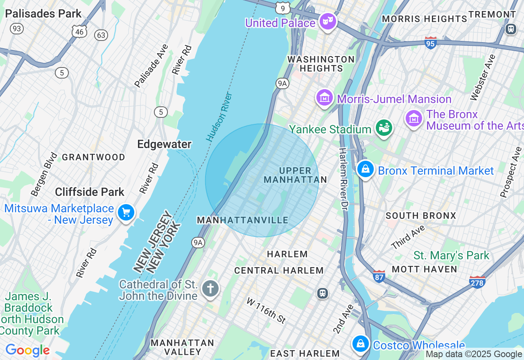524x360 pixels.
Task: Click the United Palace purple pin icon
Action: [327, 21]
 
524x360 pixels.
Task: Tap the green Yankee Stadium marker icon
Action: [384, 128]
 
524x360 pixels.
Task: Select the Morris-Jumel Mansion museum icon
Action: [325, 98]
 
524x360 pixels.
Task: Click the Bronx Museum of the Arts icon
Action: [414, 119]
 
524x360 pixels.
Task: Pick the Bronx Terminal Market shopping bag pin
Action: [365, 169]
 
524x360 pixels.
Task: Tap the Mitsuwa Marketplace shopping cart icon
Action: [126, 213]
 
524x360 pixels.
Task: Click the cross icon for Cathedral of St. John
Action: [210, 288]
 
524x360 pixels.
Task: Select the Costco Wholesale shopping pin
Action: [361, 344]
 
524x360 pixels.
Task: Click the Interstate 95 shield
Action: [431, 43]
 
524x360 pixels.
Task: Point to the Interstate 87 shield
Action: [379, 276]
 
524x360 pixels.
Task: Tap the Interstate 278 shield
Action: [477, 282]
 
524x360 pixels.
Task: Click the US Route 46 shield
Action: [79, 31]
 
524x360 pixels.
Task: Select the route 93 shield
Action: [17, 29]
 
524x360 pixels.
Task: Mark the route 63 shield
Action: [101, 35]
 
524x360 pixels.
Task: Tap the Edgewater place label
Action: [164, 144]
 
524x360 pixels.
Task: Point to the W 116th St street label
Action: [266, 310]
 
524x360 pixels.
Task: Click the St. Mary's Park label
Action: [451, 256]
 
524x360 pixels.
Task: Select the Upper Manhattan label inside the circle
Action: [295, 175]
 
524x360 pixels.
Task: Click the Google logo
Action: [27, 350]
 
